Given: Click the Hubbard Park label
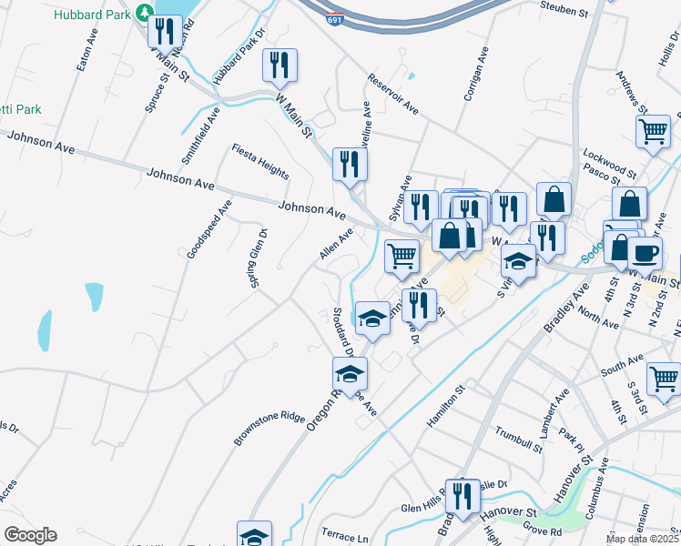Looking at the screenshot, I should click(x=91, y=15).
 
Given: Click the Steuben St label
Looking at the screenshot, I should click(x=565, y=11).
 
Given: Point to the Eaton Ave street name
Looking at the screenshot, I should click(x=86, y=54).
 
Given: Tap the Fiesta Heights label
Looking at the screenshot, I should click(x=259, y=161).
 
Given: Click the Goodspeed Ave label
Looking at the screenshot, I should click(x=197, y=228).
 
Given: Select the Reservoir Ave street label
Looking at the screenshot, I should click(x=393, y=94).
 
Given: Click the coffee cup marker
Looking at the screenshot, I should click(x=645, y=254).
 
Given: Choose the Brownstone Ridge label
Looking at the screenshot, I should click(x=269, y=429).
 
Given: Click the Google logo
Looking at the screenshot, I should click(x=30, y=534).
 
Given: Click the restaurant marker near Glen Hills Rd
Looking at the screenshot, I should click(x=462, y=496).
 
